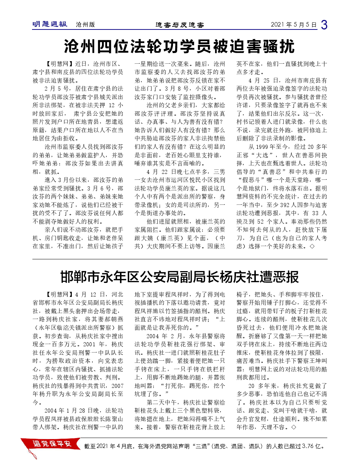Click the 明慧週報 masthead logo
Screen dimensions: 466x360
(50, 24)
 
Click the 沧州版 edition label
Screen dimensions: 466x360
(85, 25)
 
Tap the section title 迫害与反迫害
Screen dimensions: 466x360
(180, 25)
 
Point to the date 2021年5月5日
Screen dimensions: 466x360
(293, 25)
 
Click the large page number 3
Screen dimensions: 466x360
(324, 25)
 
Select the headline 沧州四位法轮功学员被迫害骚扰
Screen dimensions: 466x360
(180, 46)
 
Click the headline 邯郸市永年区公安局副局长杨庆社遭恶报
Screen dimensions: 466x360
(180, 277)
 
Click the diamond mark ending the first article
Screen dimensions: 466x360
(312, 246)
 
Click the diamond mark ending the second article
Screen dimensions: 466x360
(293, 427)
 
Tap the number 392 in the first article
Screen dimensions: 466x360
(285, 205)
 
